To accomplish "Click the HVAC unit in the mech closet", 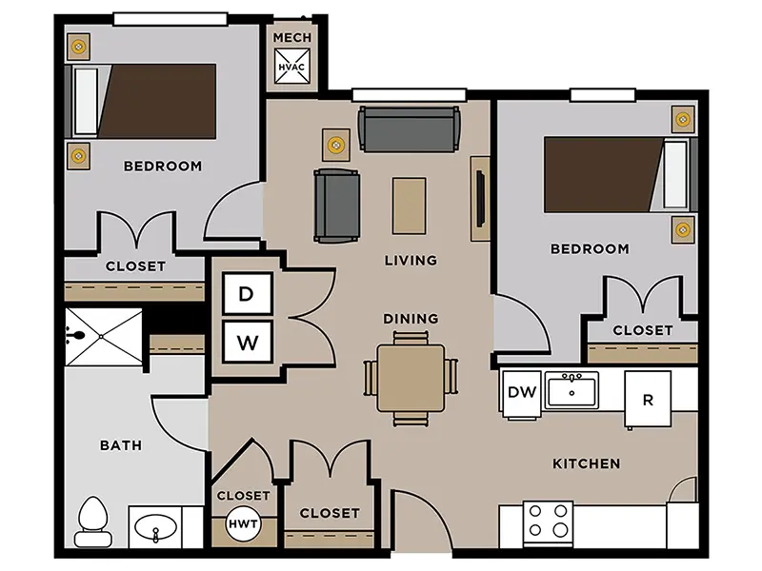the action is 291,67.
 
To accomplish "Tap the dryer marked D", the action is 247,293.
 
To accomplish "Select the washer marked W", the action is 247,342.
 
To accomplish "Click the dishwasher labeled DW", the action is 521,392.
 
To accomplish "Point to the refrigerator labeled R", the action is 648,400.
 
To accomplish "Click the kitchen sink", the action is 571,390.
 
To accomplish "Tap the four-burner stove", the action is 548,523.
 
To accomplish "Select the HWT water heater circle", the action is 243,523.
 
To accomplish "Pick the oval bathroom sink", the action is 155,528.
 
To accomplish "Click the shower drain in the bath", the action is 101,337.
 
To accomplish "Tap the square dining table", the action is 411,378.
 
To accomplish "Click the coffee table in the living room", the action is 410,206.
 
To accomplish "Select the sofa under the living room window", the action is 410,129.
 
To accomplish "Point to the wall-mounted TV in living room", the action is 480,198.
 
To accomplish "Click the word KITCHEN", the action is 587,463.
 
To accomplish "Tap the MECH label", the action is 292,37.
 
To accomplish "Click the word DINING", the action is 411,319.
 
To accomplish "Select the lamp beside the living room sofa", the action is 336,145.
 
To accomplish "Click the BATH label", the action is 121,445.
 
